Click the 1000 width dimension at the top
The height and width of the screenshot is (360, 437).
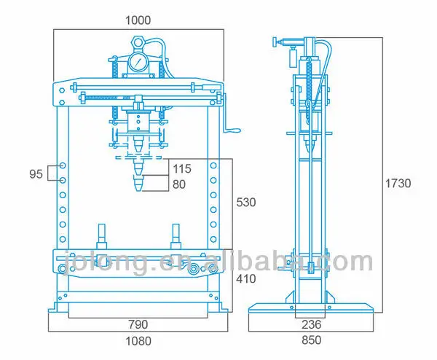[138, 20]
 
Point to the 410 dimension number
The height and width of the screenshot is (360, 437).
[246, 278]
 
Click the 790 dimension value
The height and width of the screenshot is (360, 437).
[138, 324]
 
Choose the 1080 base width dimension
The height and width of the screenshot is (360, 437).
[138, 340]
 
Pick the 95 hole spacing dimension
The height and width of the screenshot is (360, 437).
[35, 173]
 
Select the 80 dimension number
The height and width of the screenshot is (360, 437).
[178, 184]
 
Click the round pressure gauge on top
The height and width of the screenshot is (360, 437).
[136, 64]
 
